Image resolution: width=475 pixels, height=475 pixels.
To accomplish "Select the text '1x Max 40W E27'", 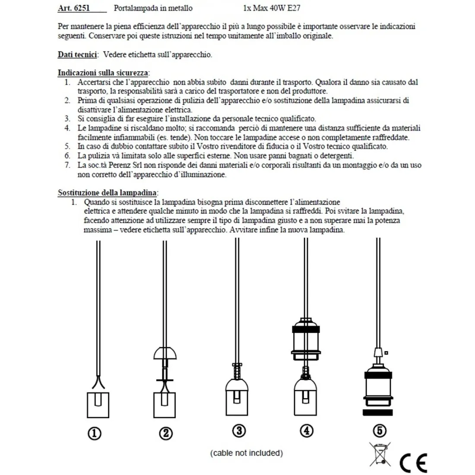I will [x=272, y=8].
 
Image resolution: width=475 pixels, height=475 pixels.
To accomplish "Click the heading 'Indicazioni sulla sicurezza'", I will [x=103, y=73].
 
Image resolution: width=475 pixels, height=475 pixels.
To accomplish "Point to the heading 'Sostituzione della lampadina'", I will [x=108, y=193].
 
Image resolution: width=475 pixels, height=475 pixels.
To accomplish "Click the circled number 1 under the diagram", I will [x=95, y=433].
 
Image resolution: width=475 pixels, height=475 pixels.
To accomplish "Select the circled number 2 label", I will [x=166, y=433].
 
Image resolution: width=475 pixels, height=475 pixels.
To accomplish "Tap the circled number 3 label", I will [x=238, y=431].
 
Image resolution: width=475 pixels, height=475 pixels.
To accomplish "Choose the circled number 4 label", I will [x=306, y=431].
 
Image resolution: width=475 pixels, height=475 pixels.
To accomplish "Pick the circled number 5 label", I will [x=379, y=431].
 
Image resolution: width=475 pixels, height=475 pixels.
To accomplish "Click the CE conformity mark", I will [x=413, y=463].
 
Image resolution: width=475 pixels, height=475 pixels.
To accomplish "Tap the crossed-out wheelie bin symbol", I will [x=380, y=455].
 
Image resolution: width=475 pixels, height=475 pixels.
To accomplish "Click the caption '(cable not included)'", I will [x=247, y=453].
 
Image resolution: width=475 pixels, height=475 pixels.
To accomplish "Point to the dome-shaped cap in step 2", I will [x=165, y=353].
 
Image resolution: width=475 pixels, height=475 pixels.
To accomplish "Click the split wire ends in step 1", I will [x=98, y=382].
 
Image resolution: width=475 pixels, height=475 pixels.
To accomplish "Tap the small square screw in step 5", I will [x=386, y=353].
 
